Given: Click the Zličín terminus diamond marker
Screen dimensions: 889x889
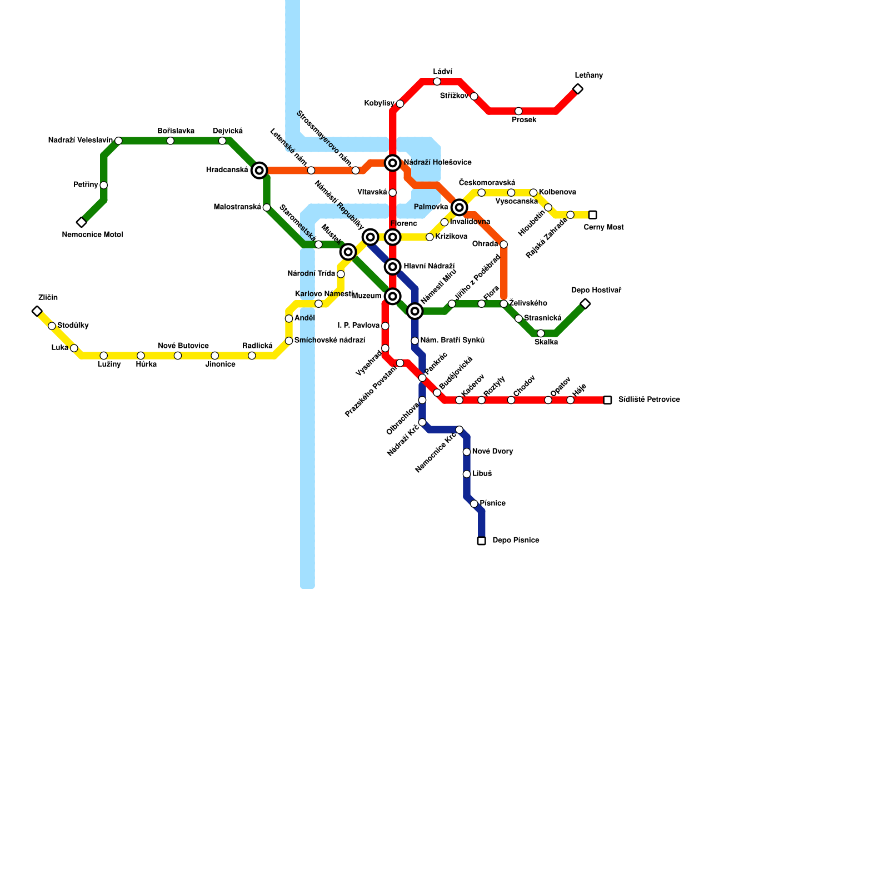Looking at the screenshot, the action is tap(37, 311).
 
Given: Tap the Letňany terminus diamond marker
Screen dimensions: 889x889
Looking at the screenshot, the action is tap(578, 89).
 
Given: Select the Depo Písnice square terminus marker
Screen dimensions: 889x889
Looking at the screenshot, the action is tap(482, 541).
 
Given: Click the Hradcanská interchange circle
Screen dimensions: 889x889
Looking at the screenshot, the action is tap(259, 170).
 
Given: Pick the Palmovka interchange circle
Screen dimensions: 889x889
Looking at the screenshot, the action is tap(459, 207).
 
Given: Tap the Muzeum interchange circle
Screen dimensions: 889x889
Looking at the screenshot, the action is tap(393, 296).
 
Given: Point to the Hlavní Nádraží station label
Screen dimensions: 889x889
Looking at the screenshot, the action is tap(429, 267).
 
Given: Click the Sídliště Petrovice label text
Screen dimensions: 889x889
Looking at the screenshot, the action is tap(649, 399).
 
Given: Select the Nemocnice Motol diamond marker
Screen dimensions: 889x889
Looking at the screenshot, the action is tap(82, 222).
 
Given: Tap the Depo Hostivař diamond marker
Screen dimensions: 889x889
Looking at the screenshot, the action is tap(585, 303).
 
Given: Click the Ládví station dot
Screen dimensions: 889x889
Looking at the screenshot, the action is tap(437, 82).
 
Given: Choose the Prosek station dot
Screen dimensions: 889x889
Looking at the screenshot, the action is tap(518, 111).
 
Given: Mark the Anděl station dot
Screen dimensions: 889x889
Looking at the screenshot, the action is tap(289, 318).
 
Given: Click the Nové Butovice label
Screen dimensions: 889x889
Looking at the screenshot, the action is tap(183, 346).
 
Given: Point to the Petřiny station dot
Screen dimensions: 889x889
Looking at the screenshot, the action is tap(104, 185).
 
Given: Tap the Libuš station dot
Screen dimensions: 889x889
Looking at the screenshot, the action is tap(467, 474).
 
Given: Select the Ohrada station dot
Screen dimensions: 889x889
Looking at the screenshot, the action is tap(503, 244).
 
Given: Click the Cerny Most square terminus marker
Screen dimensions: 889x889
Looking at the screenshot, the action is tap(593, 215).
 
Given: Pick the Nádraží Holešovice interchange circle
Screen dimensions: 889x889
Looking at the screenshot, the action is tap(393, 163).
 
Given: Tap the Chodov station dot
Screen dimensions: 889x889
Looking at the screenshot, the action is tap(511, 400).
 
